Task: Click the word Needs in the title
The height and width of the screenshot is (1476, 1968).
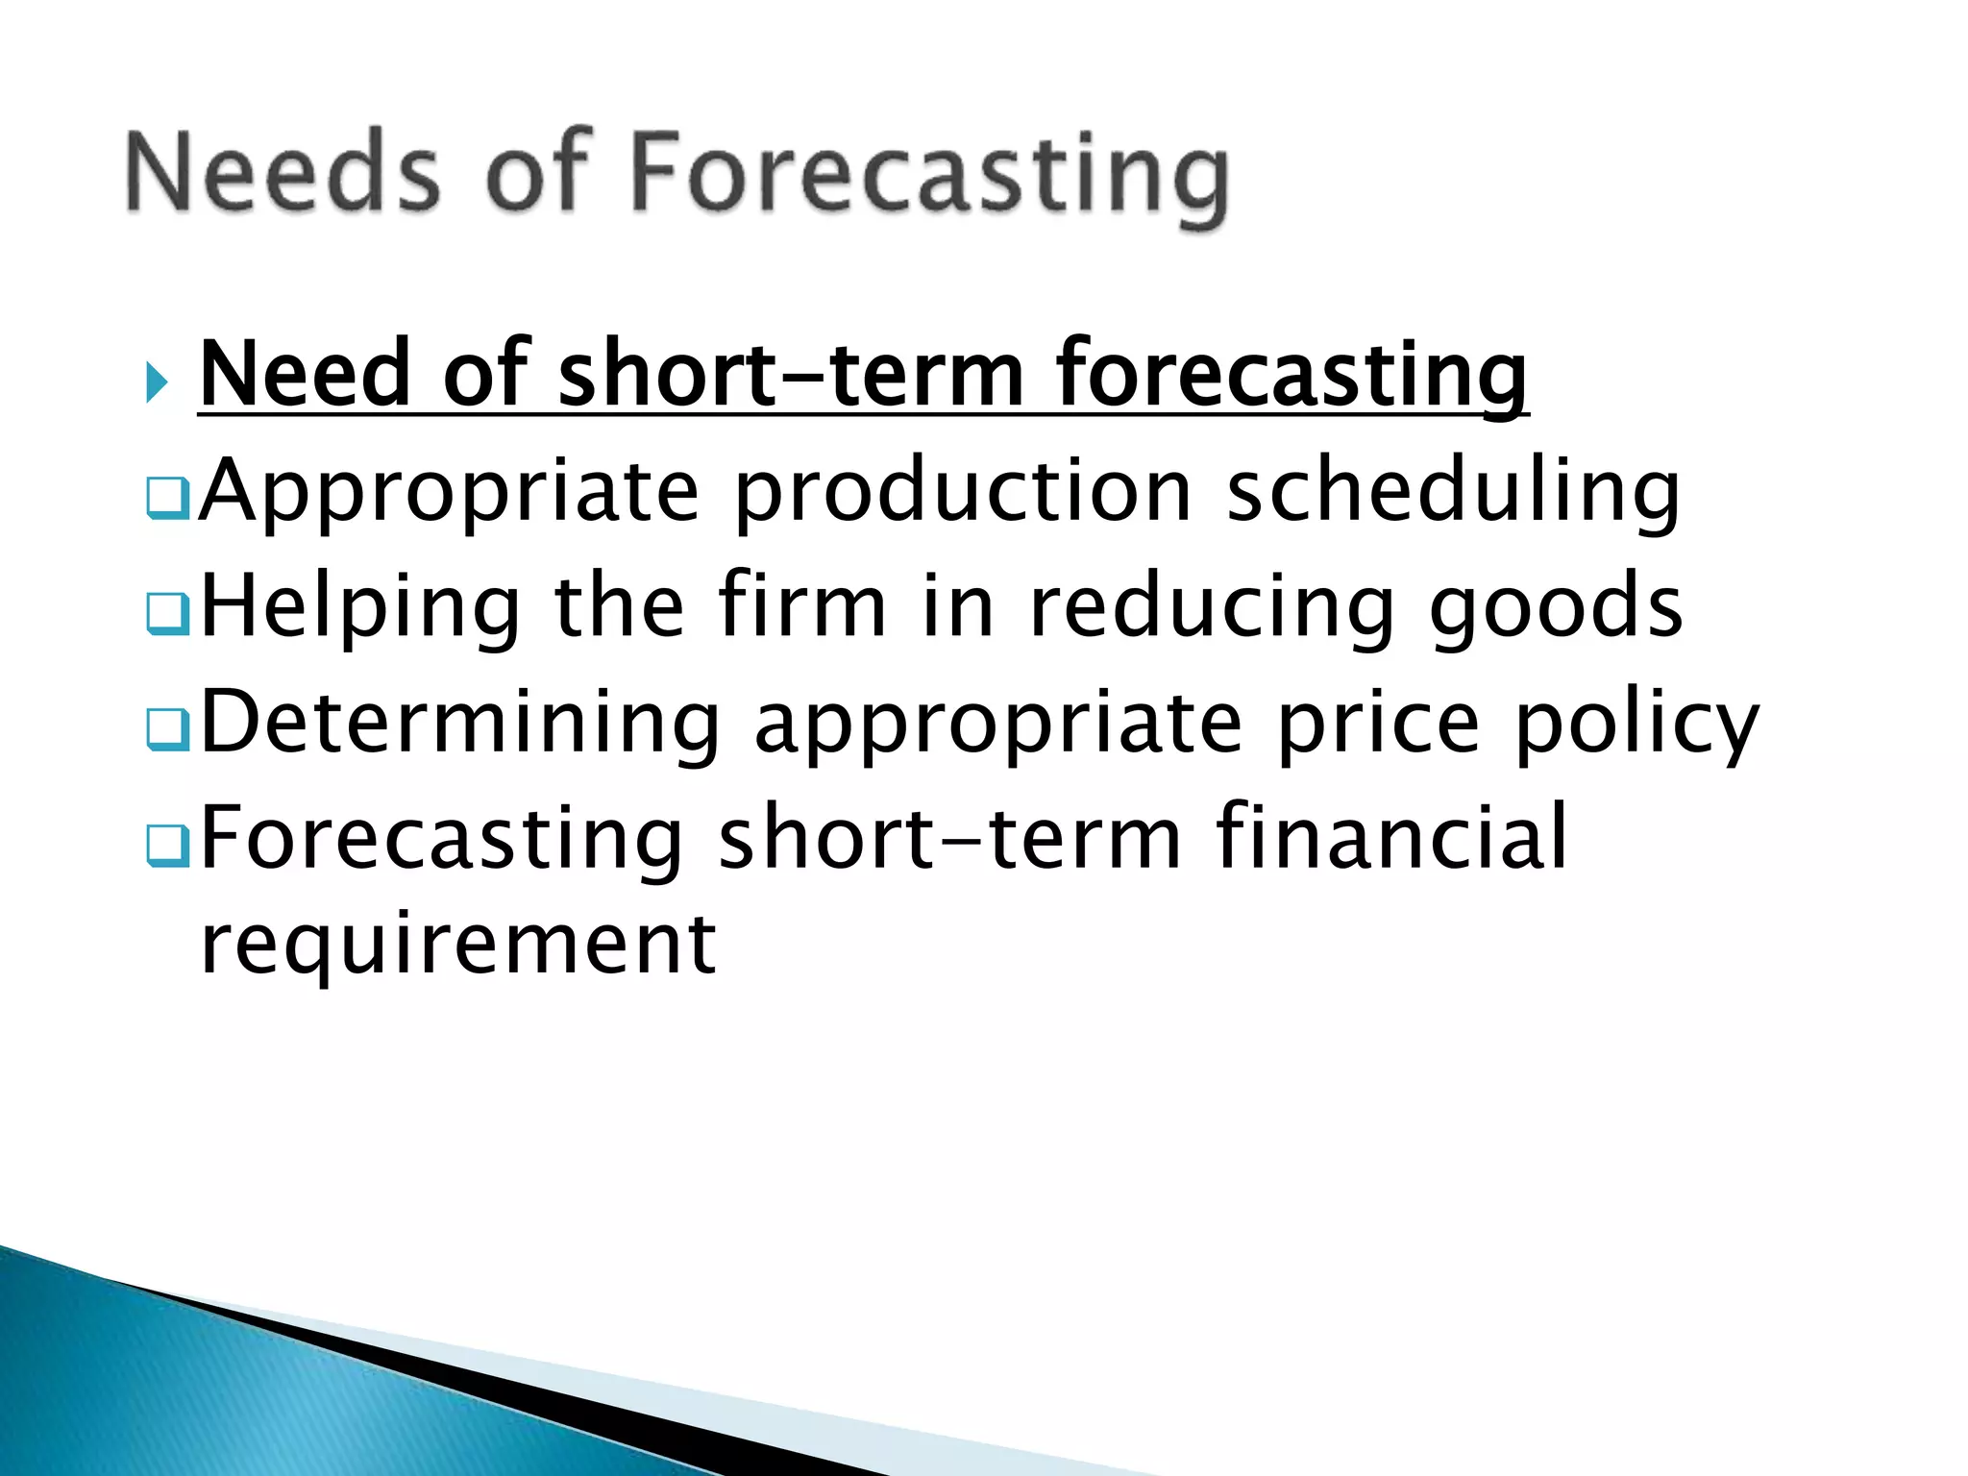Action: click(x=282, y=173)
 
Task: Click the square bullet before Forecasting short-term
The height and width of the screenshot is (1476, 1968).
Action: click(x=168, y=845)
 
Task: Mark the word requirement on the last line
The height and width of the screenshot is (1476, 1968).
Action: click(x=457, y=945)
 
